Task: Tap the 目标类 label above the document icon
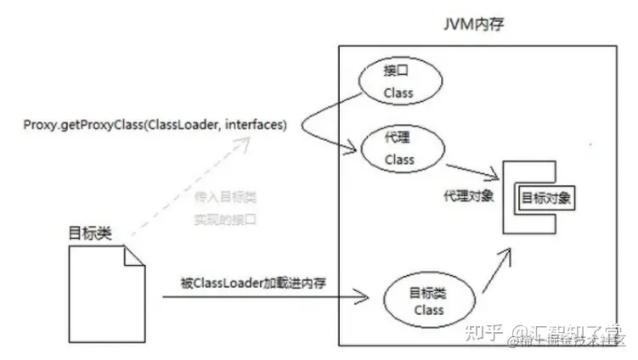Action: [91, 232]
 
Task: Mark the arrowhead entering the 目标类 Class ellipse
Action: [365, 297]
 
